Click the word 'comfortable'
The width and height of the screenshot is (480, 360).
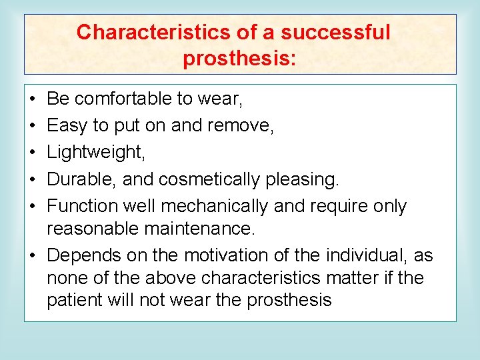(x=123, y=99)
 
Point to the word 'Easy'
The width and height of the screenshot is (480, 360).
(x=64, y=126)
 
